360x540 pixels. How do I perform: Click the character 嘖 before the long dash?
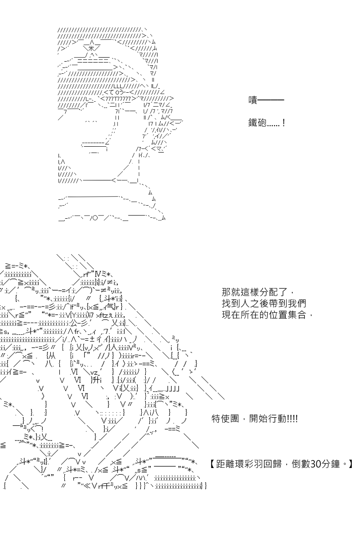pyautogui.click(x=253, y=100)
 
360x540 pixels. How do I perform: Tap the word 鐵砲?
pyautogui.click(x=257, y=123)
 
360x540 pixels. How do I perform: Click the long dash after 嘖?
pyautogui.click(x=271, y=99)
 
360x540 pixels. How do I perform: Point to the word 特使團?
pyautogui.click(x=225, y=419)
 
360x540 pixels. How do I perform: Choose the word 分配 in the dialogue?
pyautogui.click(x=269, y=292)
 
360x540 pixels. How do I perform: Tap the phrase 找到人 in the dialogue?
pyautogui.click(x=235, y=304)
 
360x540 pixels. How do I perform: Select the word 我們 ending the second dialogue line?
pyautogui.click(x=297, y=304)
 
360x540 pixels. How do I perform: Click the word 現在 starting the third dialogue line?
pyautogui.click(x=231, y=315)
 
